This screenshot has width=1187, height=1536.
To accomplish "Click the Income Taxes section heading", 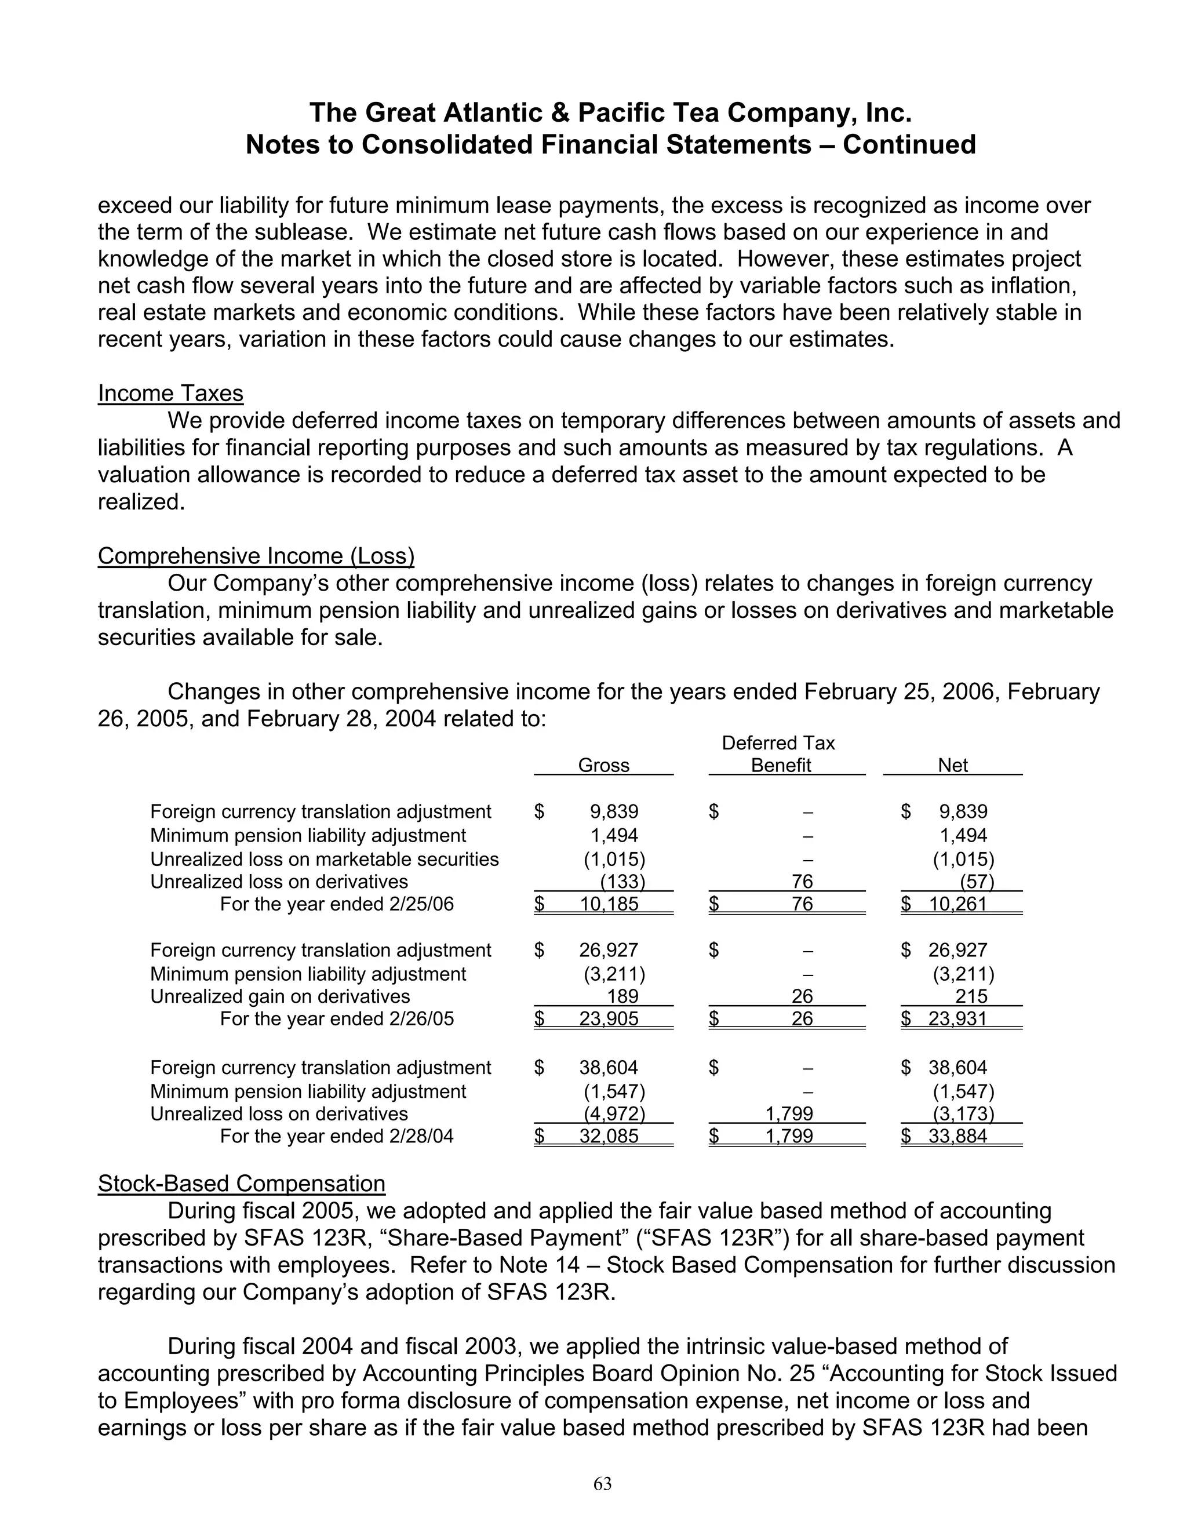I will pyautogui.click(x=170, y=393).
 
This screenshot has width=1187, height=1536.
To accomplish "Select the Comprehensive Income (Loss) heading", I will pyautogui.click(x=256, y=556).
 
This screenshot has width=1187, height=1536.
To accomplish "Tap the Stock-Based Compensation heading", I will pyautogui.click(x=241, y=1183).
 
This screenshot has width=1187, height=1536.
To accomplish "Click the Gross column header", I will pyautogui.click(x=603, y=765).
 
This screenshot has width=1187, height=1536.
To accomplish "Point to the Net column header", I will pyautogui.click(x=953, y=765).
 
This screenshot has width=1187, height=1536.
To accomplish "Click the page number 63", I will pyautogui.click(x=603, y=1483).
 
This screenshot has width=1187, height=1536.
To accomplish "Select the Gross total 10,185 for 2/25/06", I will pyautogui.click(x=609, y=904).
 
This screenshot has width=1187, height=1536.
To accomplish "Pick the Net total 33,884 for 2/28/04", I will pyautogui.click(x=957, y=1136).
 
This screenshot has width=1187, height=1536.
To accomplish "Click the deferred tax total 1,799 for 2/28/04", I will pyautogui.click(x=789, y=1136).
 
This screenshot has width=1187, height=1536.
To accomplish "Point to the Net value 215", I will pyautogui.click(x=971, y=996).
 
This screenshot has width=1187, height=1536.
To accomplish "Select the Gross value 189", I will pyautogui.click(x=622, y=996).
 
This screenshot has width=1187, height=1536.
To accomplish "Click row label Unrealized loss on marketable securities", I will pyautogui.click(x=324, y=860).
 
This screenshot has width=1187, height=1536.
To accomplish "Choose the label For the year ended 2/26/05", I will pyautogui.click(x=337, y=1018).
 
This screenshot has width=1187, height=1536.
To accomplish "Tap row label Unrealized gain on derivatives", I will pyautogui.click(x=280, y=996).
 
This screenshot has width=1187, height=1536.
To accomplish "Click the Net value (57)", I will pyautogui.click(x=977, y=882).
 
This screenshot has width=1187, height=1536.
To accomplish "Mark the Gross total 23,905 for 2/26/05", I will pyautogui.click(x=609, y=1018).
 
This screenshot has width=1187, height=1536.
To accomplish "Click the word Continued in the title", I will pyautogui.click(x=909, y=144).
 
